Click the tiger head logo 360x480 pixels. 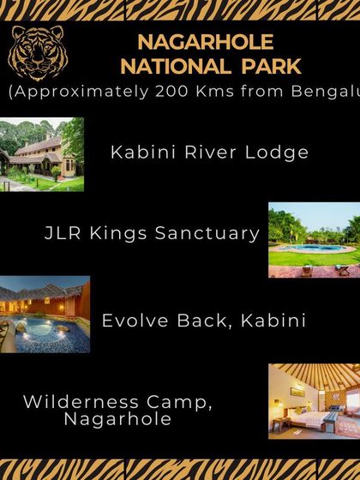tap(36, 53)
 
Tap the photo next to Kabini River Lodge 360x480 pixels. tap(42, 155)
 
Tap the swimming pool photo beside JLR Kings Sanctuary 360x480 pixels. tap(314, 241)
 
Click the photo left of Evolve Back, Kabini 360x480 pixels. tap(45, 315)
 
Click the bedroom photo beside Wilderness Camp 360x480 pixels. tap(314, 402)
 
